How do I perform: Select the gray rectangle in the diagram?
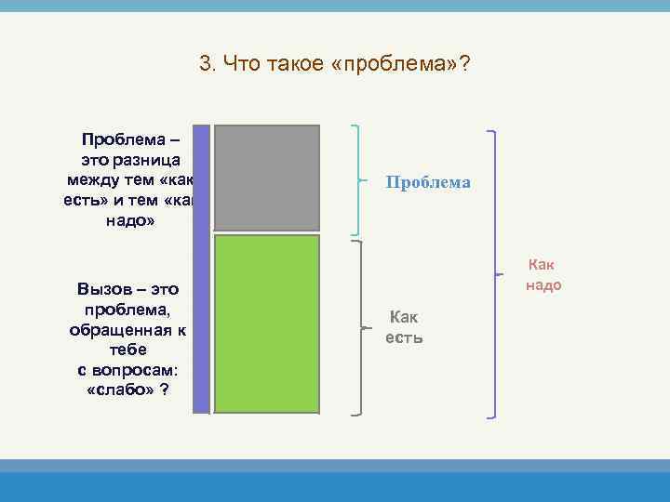(x=267, y=178)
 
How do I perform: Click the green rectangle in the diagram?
(x=267, y=324)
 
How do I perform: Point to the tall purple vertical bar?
(x=201, y=269)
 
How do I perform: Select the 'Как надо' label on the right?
(x=543, y=276)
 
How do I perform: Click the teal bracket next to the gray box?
(x=358, y=179)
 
